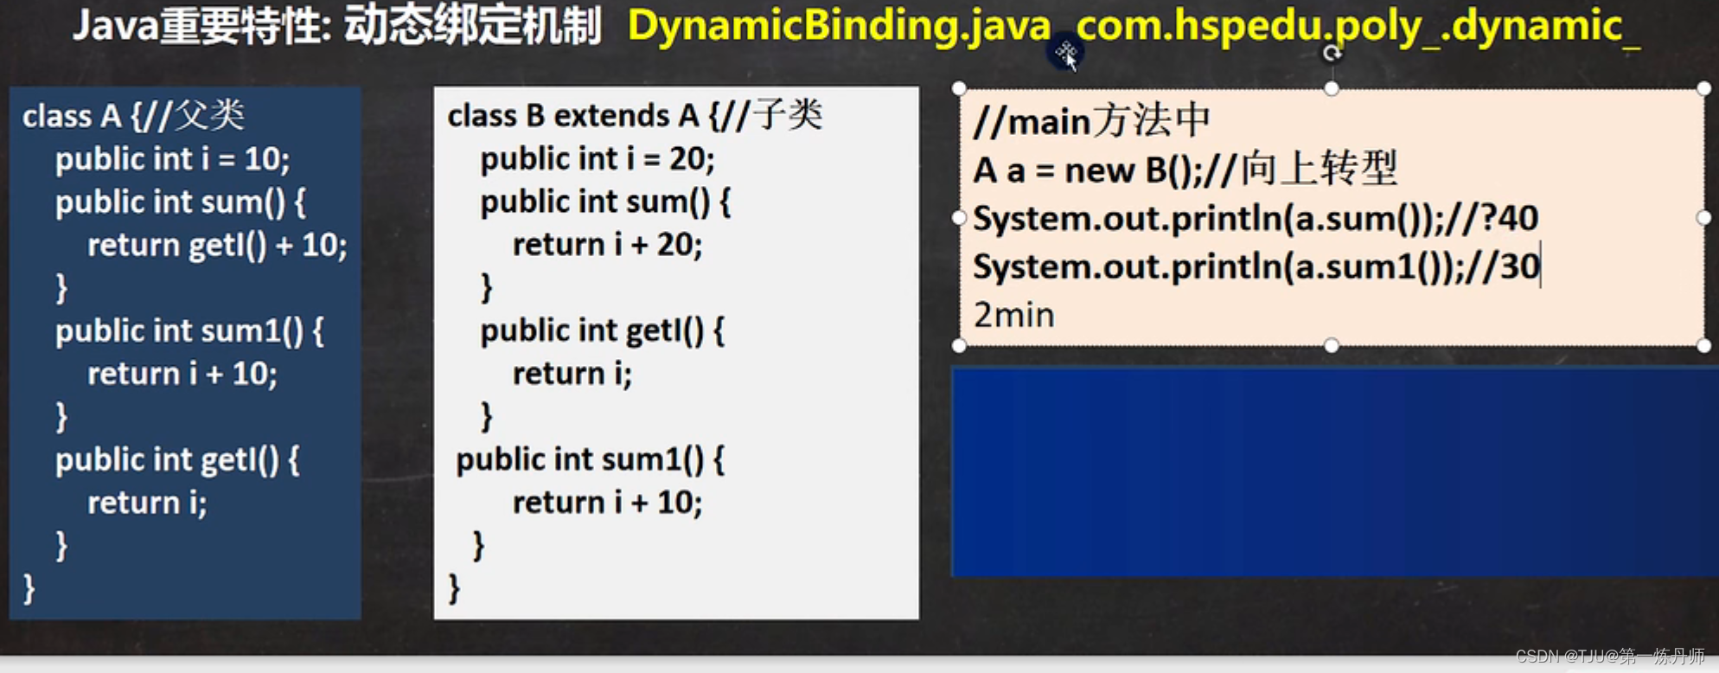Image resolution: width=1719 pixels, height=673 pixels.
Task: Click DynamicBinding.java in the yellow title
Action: [x=839, y=26]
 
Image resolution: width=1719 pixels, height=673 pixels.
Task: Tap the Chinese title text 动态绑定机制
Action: [x=472, y=26]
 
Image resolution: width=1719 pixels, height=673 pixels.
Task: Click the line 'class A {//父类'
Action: [x=134, y=115]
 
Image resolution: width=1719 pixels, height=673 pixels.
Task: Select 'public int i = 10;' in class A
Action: [x=172, y=159]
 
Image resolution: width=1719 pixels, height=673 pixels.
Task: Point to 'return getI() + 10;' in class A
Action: [x=217, y=246]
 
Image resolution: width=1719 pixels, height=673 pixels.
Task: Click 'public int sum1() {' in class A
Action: [x=189, y=331]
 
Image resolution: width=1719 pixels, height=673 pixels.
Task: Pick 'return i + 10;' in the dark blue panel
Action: [x=182, y=374]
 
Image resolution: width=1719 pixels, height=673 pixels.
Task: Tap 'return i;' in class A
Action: [x=147, y=503]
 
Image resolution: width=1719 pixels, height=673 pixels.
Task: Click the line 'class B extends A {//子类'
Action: [x=635, y=115]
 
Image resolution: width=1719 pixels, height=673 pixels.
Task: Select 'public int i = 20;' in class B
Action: [x=597, y=159]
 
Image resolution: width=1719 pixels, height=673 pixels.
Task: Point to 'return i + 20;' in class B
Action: [x=607, y=245]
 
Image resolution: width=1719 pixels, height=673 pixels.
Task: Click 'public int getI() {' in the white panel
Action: [x=603, y=330]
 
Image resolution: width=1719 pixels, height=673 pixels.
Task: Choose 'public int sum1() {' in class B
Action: [x=591, y=459]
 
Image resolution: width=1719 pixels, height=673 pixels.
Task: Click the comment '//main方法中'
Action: [x=1091, y=121]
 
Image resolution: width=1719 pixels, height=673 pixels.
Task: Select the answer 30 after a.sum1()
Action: [x=1519, y=266]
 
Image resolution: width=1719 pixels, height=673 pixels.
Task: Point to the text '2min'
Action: [x=1013, y=315]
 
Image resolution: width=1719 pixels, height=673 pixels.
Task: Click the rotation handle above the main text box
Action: [x=1332, y=54]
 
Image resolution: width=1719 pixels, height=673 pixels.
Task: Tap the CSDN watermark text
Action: [x=1610, y=657]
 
